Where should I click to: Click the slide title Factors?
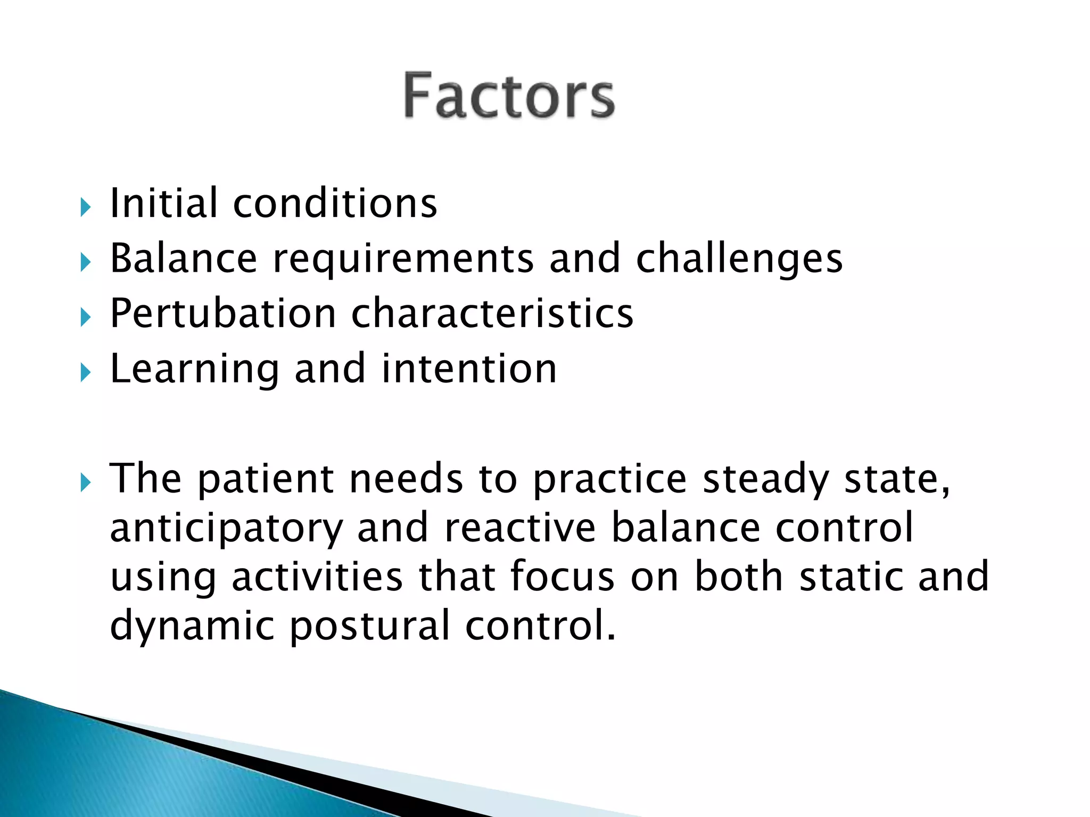click(x=509, y=96)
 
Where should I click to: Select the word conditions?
click(x=335, y=203)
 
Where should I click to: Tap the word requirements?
click(x=403, y=259)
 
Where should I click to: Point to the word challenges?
click(x=739, y=260)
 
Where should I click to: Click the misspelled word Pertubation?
click(x=222, y=314)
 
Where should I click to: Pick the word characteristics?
click(x=492, y=314)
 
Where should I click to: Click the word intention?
click(x=469, y=369)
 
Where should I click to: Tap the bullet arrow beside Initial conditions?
click(x=86, y=207)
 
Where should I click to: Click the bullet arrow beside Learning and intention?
click(x=86, y=372)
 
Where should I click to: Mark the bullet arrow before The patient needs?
click(x=86, y=483)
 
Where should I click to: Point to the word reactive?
click(x=519, y=528)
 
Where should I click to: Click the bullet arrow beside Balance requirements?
click(x=86, y=262)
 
